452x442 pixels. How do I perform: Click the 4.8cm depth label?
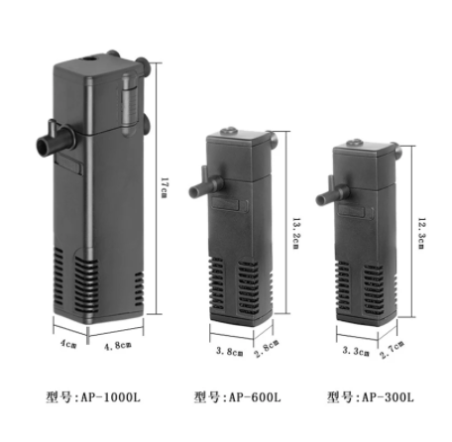tap(122, 348)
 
